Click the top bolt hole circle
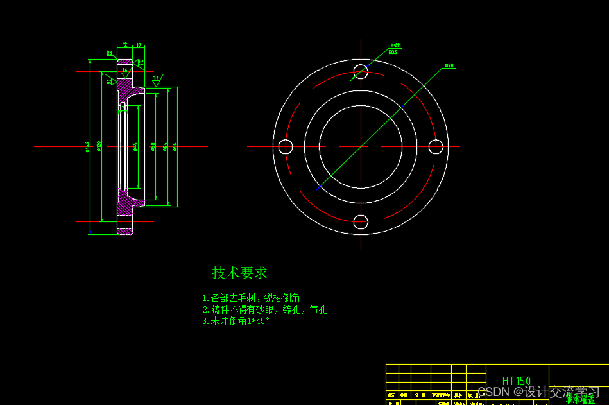click(361, 71)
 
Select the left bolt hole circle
click(286, 147)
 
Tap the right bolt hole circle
click(436, 147)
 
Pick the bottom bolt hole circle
click(361, 222)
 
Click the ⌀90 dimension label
click(449, 65)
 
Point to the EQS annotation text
click(393, 52)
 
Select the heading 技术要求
click(240, 273)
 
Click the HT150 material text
click(517, 381)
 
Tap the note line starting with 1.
click(250, 298)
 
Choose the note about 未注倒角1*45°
click(236, 322)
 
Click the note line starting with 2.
click(264, 310)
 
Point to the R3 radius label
click(110, 53)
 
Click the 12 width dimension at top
click(124, 45)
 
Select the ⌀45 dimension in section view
click(135, 148)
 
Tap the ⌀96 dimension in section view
click(175, 146)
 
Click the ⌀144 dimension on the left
click(87, 148)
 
